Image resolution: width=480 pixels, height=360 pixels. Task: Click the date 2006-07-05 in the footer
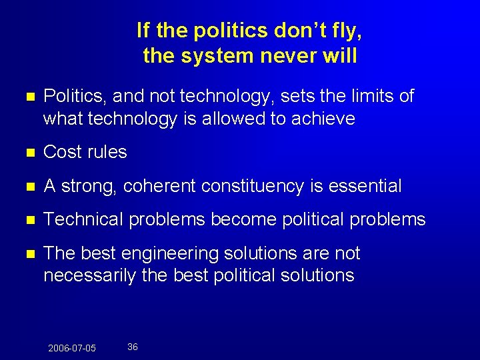(x=72, y=348)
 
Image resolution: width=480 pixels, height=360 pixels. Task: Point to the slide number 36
(x=133, y=347)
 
